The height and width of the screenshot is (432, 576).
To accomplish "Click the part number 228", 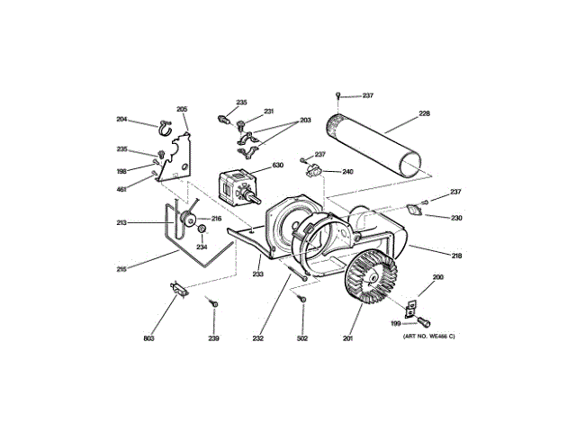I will click(x=425, y=114).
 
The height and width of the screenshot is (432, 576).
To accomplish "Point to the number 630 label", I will click(x=278, y=166).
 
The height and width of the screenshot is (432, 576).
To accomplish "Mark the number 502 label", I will click(x=302, y=338).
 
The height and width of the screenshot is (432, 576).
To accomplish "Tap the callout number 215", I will click(x=121, y=268).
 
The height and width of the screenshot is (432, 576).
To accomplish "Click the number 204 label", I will click(x=122, y=120).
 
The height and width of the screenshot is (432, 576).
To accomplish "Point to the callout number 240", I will click(x=347, y=171).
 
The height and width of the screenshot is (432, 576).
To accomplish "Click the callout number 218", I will click(x=456, y=256).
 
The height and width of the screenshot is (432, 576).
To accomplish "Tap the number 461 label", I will click(x=122, y=188).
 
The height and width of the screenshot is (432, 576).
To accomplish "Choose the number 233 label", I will click(x=257, y=274).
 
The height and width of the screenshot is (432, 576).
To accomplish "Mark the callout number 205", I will click(x=182, y=110).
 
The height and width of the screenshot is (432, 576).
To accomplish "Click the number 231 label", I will click(x=268, y=112).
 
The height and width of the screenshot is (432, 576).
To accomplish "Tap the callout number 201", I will click(x=347, y=338).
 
